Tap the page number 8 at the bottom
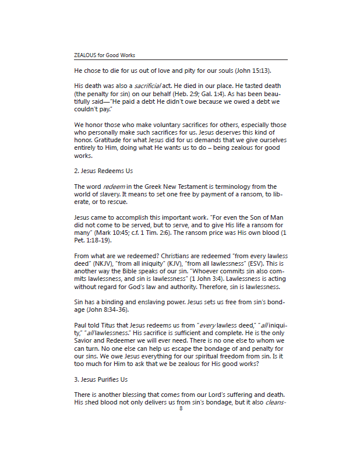click(181, 409)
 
